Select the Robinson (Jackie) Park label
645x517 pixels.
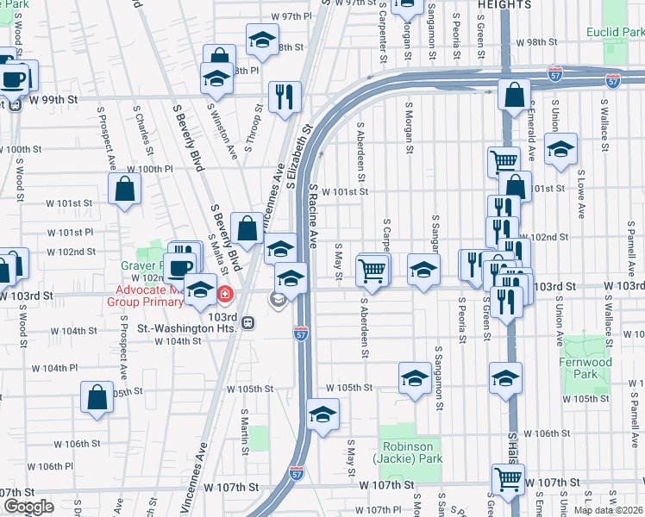[408, 452]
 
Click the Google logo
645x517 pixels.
[28, 507]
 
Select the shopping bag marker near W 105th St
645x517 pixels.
[97, 397]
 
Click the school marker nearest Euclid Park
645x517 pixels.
[560, 149]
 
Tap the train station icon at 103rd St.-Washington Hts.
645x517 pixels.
[247, 322]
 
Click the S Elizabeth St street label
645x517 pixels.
[298, 159]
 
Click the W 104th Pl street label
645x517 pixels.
[56, 368]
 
